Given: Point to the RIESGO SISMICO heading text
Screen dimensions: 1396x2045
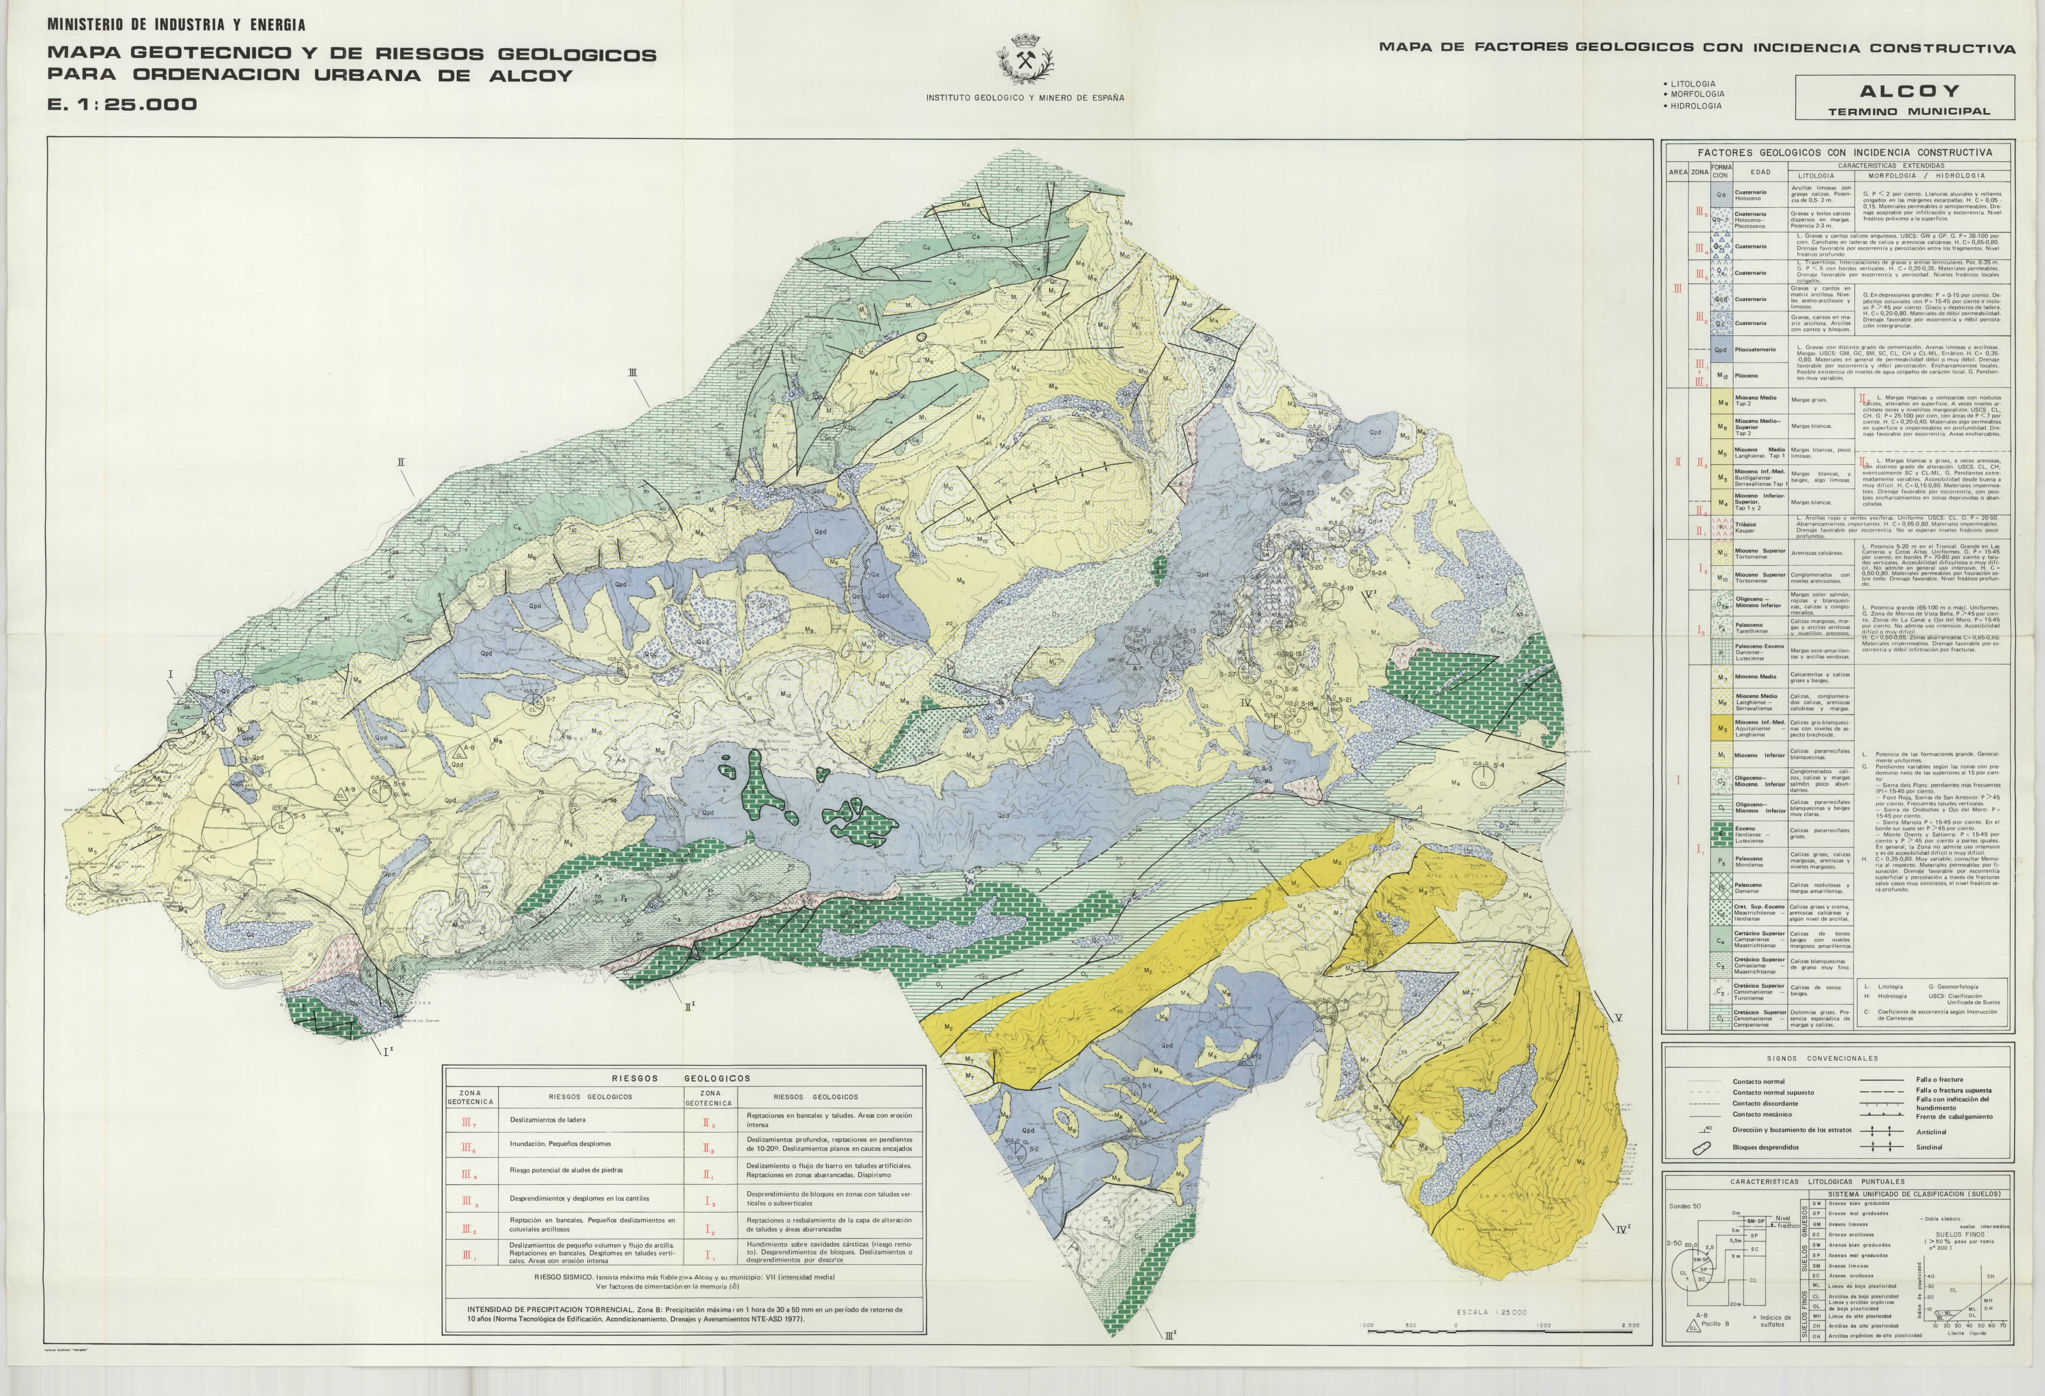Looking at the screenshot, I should tap(563, 1276).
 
